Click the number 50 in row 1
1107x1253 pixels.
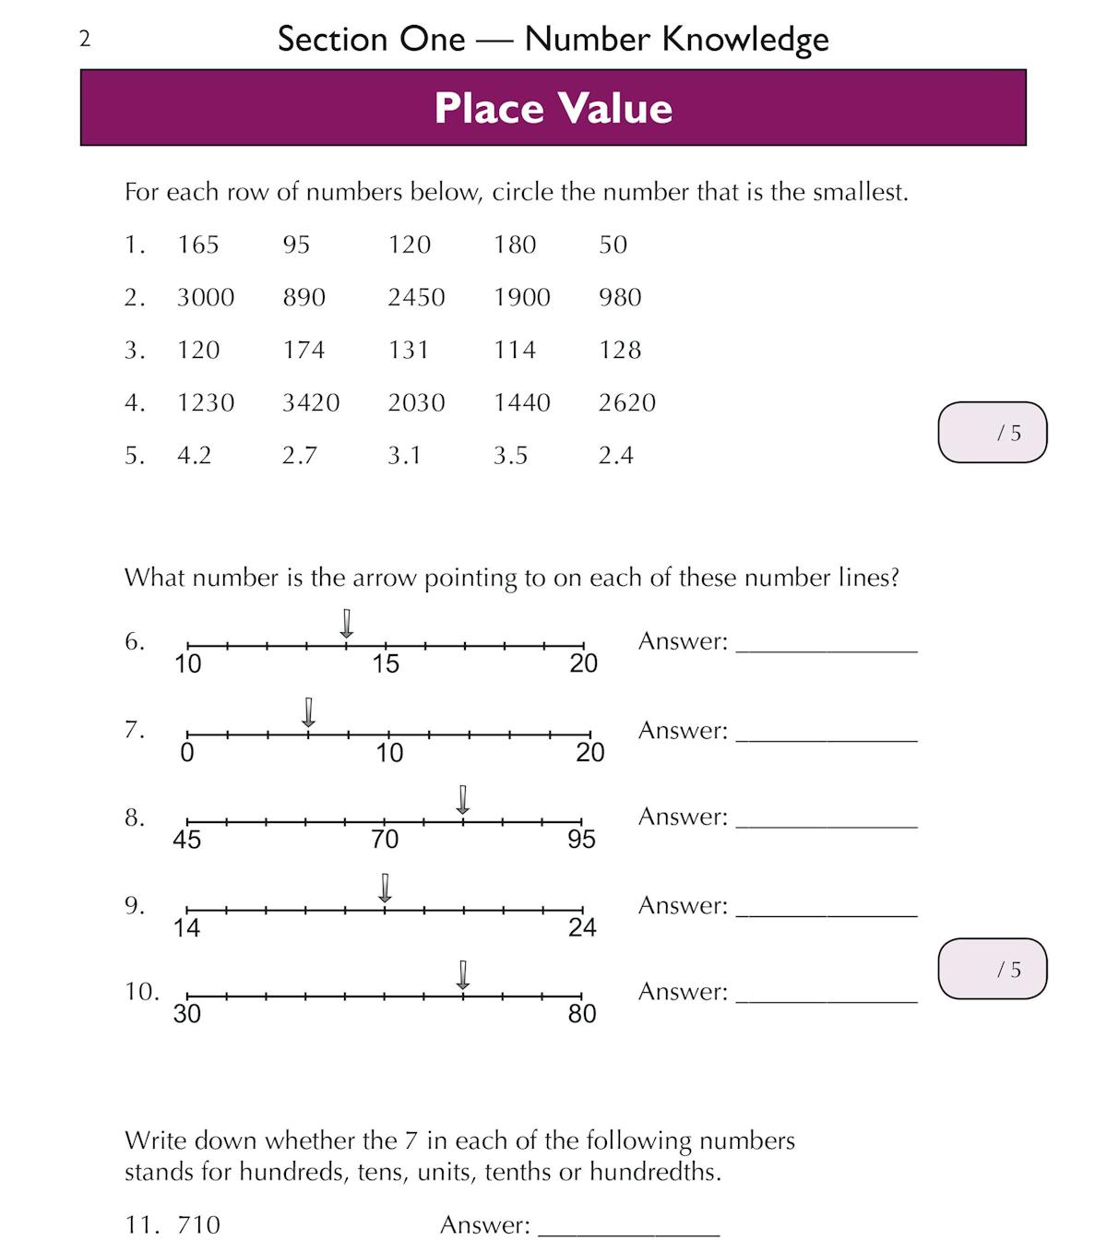[x=613, y=245]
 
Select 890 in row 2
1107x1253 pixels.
[x=304, y=297]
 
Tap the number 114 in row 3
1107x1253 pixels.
[x=514, y=350]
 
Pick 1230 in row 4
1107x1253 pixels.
[x=206, y=402]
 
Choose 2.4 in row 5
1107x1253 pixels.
[x=615, y=455]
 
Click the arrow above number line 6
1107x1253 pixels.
[x=347, y=624]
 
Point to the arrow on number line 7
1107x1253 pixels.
[x=309, y=712]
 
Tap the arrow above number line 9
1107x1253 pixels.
[x=386, y=888]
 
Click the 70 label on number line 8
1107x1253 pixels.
[x=385, y=839]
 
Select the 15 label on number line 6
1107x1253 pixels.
[x=386, y=663]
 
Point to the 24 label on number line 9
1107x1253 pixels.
[x=582, y=927]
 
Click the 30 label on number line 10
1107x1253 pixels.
[x=187, y=1014]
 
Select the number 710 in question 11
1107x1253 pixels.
[x=199, y=1225]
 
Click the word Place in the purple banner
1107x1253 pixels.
[x=489, y=108]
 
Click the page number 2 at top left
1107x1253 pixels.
[x=85, y=39]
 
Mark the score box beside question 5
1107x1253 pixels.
[x=993, y=432]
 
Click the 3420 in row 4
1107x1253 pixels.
[x=311, y=402]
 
